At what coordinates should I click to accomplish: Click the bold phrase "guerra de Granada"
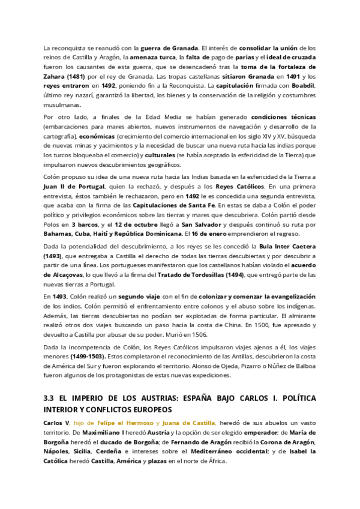pyautogui.click(x=170, y=47)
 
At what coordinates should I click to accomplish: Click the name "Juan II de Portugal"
pyautogui.click(x=70, y=186)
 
